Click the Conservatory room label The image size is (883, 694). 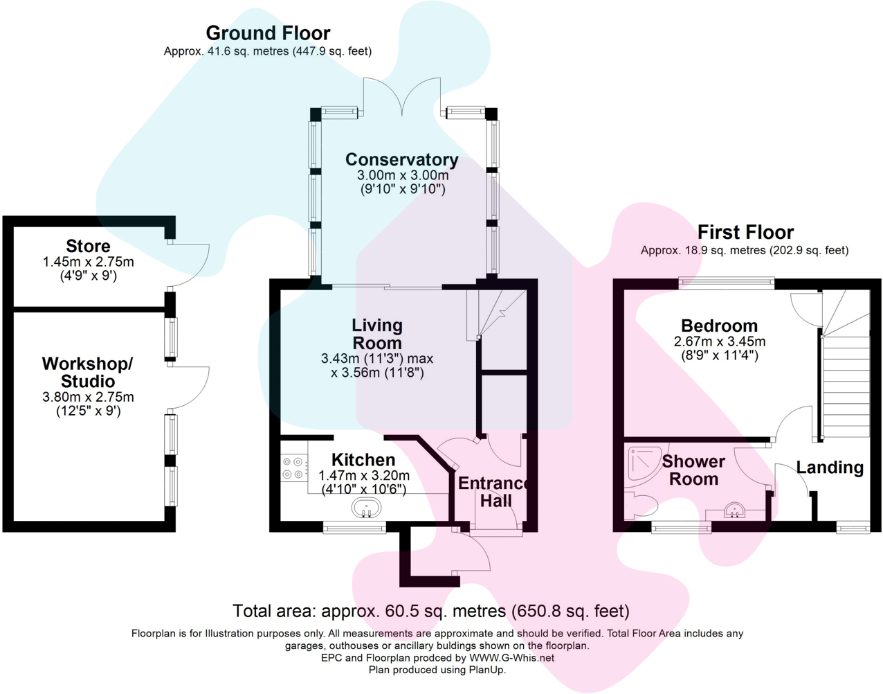pos(401,160)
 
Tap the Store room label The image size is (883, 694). pos(88,246)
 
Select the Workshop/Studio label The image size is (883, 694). pos(87,373)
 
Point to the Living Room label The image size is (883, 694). pos(377,334)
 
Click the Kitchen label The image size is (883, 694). pos(363,460)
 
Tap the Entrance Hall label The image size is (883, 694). pos(494,492)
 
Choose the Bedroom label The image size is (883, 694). pos(719,326)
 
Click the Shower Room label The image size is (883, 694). pos(693,470)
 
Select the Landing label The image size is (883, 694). pos(830,468)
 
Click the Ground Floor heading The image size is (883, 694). pos(268,33)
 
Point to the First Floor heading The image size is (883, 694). pos(745,232)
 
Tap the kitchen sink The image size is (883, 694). pos(367,508)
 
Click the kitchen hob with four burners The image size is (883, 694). pos(293,468)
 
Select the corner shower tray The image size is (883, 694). pos(643,463)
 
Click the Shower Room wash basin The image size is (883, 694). pos(734,510)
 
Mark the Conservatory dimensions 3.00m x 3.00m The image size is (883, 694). pos(402,176)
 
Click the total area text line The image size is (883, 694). pos(430,611)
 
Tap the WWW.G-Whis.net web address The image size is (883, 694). pos(511,658)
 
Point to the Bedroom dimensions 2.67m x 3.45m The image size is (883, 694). pos(720,341)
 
